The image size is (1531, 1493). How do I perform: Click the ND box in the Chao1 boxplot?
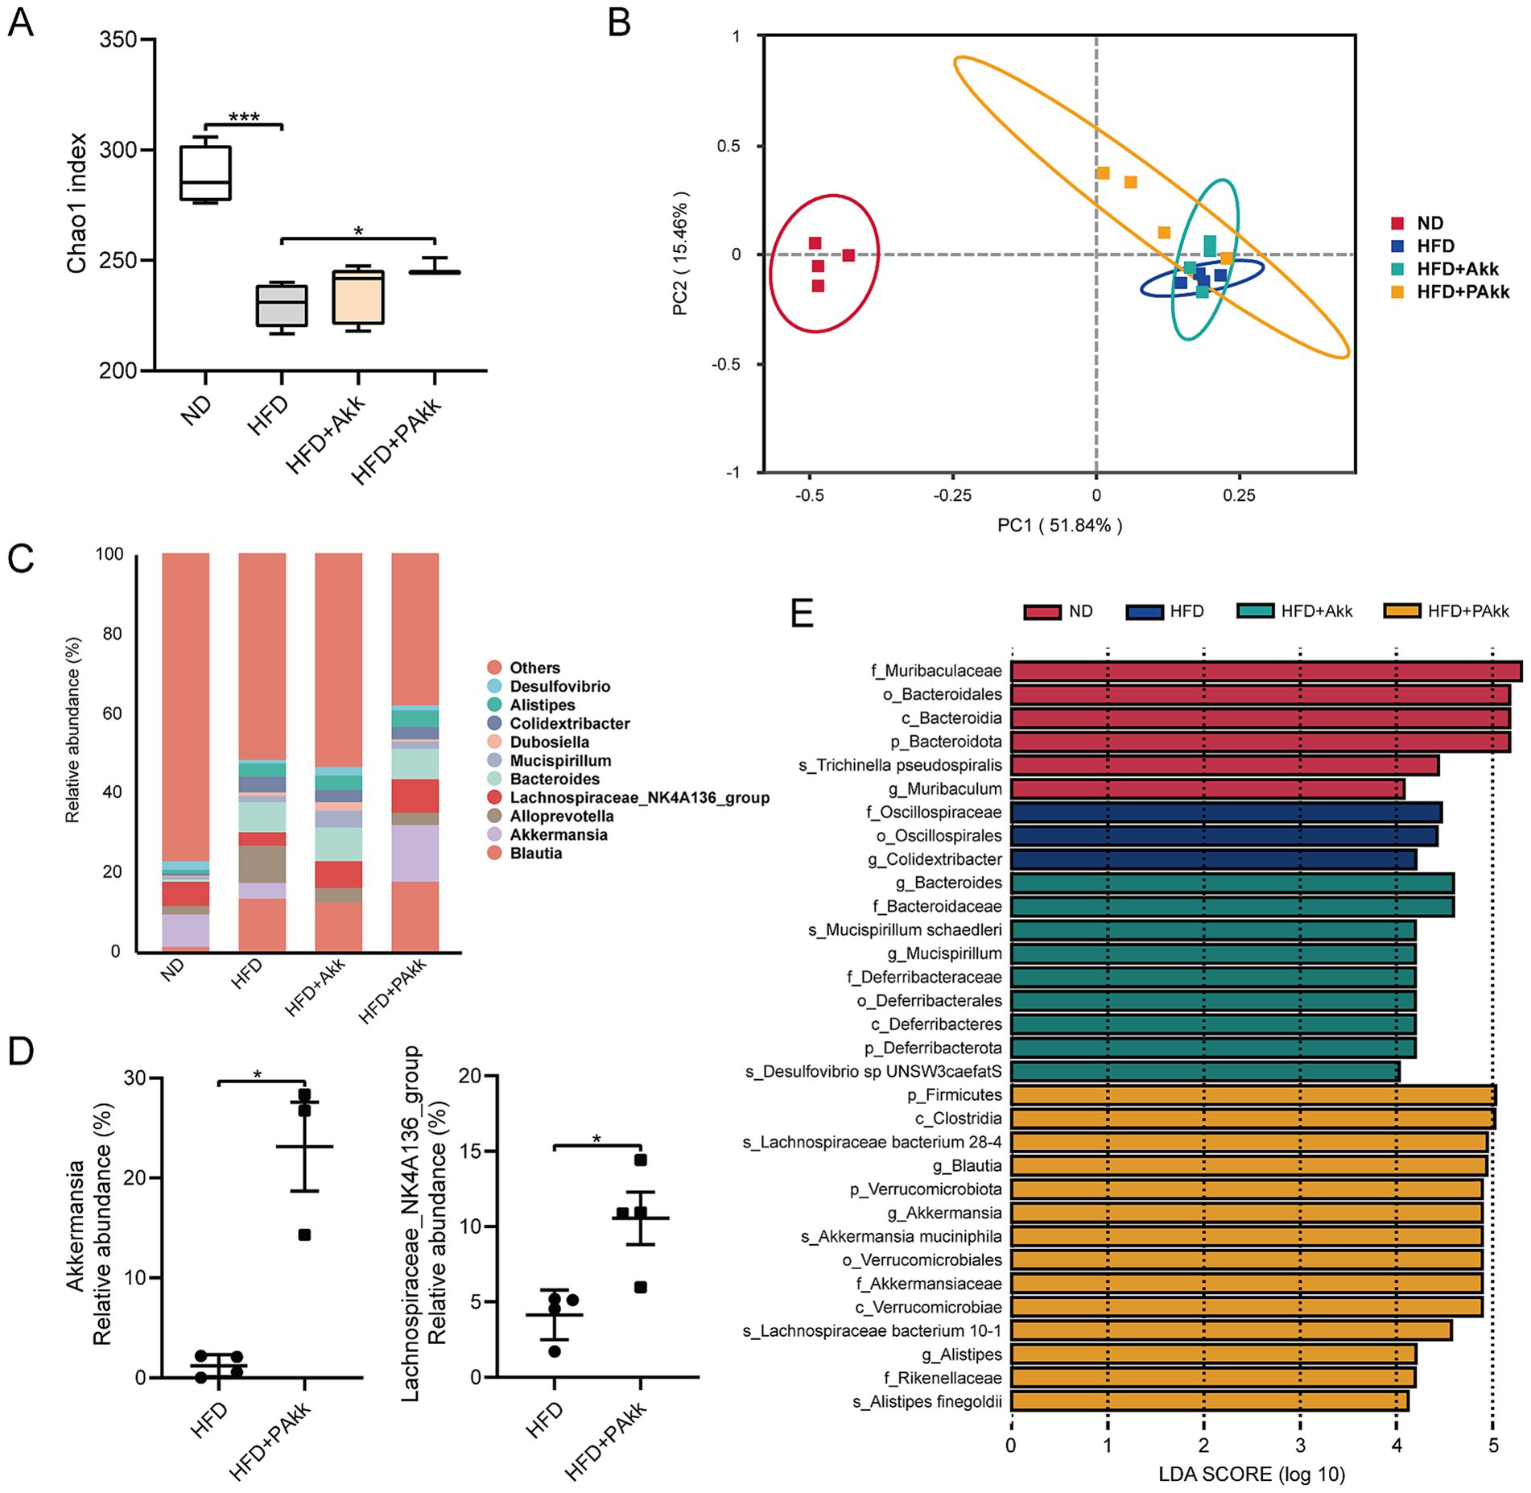205,172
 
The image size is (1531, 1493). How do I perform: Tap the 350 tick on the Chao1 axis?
118,39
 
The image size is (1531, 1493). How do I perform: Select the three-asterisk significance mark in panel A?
244,118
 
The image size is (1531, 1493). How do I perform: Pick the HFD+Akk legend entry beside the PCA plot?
1457,269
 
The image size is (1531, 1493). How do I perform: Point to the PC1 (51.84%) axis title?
1059,526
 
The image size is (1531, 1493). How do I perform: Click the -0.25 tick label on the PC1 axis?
952,495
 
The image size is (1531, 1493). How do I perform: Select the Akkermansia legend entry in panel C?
558,835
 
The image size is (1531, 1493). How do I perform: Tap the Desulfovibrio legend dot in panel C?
494,686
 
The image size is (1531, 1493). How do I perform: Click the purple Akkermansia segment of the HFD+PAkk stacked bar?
415,854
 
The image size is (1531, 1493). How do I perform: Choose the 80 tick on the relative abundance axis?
112,634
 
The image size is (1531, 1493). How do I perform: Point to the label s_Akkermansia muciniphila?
901,1236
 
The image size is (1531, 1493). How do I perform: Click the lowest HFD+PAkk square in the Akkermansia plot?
304,1235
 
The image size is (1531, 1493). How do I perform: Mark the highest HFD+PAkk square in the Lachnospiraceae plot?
641,1160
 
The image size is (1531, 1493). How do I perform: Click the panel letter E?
802,614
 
